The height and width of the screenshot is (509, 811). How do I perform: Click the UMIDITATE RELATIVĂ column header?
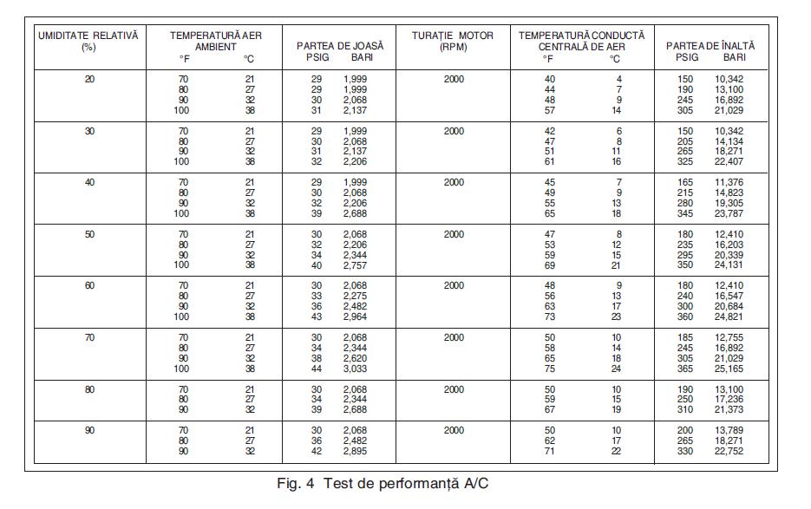click(88, 36)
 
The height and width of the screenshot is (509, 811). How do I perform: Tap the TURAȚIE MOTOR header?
click(453, 36)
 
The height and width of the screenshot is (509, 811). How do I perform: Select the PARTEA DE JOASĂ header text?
click(340, 44)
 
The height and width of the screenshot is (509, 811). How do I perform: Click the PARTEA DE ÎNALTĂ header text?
click(710, 44)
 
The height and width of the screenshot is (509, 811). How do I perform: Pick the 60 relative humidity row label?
click(89, 285)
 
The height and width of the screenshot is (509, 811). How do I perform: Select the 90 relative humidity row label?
click(89, 430)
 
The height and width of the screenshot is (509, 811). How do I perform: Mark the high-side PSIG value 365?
click(686, 369)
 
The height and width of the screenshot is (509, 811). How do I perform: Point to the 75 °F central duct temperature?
click(549, 369)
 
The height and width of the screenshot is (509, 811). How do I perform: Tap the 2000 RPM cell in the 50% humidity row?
click(454, 234)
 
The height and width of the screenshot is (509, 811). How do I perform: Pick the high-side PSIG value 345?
click(686, 213)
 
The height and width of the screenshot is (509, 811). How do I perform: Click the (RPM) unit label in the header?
click(453, 47)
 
